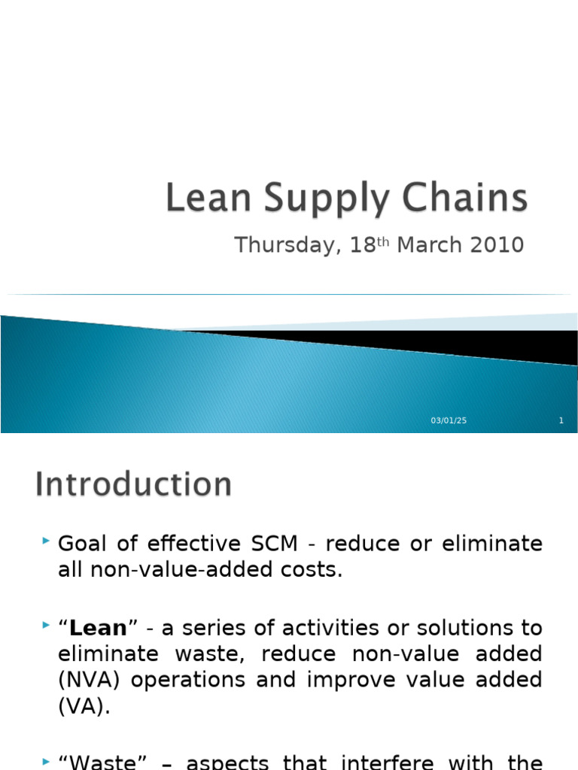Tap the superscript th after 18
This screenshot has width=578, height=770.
point(382,241)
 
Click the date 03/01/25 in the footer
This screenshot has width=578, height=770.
point(449,420)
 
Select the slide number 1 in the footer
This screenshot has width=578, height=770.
point(561,420)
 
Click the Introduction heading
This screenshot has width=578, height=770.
point(133,484)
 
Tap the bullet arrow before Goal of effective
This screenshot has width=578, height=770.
point(47,541)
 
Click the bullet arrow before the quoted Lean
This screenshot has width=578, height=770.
point(47,625)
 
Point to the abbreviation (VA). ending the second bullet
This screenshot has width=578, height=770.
point(84,706)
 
